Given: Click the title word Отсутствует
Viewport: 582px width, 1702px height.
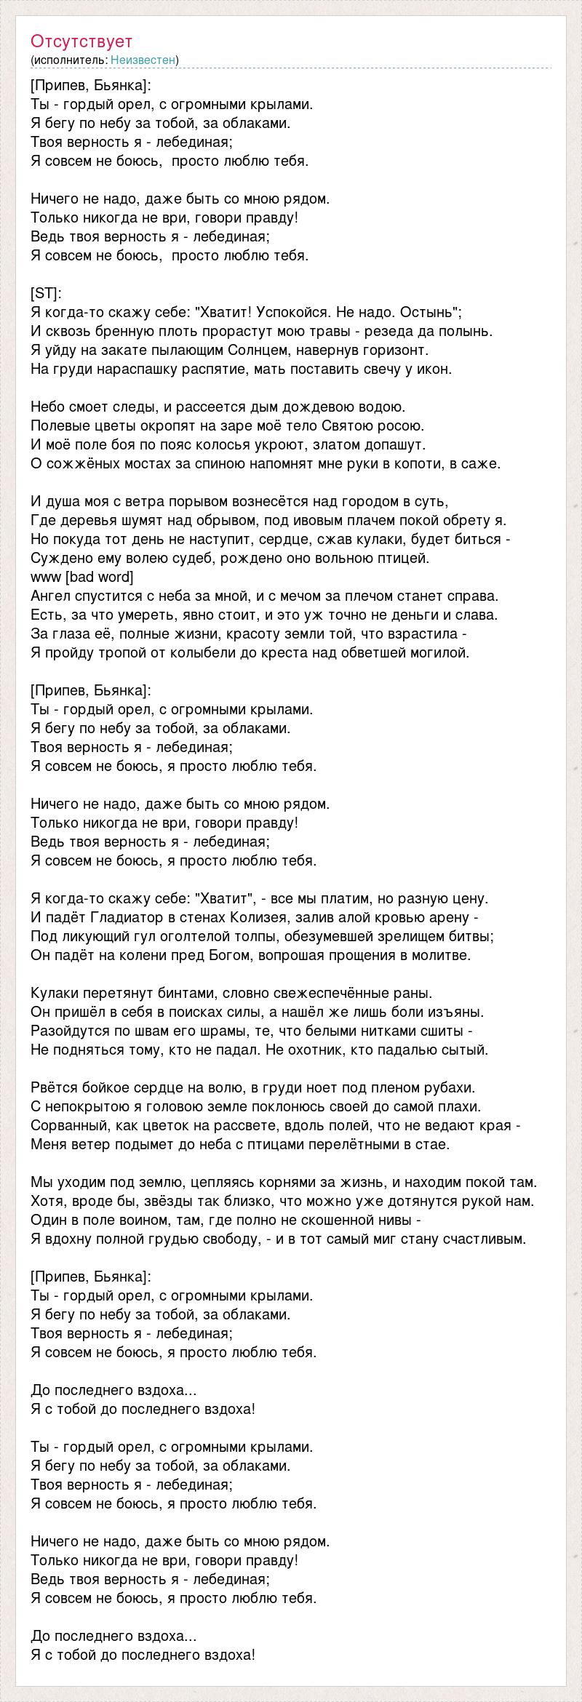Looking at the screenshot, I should tap(81, 41).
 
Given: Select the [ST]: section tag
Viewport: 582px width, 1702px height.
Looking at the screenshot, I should tap(47, 293).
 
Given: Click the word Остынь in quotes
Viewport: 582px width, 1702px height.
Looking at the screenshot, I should tap(434, 312).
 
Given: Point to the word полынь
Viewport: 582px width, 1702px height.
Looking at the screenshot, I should tap(471, 331).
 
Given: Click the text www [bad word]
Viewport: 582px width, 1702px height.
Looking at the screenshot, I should tap(82, 577).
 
